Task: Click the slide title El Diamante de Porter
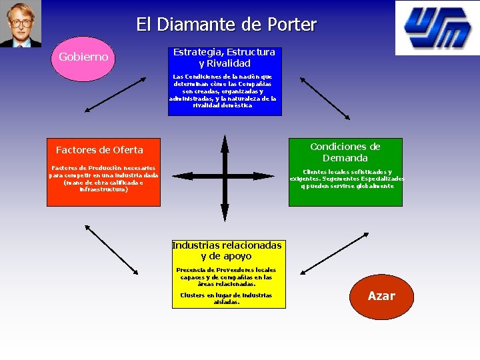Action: tap(226, 25)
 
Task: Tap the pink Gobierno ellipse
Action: tap(83, 57)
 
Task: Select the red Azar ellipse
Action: tap(381, 296)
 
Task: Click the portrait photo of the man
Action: tap(21, 23)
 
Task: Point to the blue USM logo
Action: tap(437, 27)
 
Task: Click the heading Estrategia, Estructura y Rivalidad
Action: tap(224, 58)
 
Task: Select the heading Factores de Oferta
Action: tap(99, 150)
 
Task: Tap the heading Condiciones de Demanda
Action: tap(345, 152)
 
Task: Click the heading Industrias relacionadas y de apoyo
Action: tap(227, 251)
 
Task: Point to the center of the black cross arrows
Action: tap(225, 177)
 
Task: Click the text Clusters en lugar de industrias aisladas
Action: tap(226, 298)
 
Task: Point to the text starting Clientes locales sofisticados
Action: tap(347, 179)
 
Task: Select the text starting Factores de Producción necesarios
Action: tap(103, 178)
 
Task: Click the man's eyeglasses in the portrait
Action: tap(21, 22)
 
